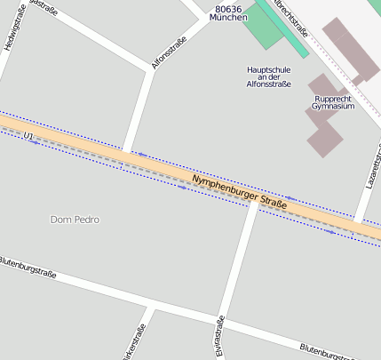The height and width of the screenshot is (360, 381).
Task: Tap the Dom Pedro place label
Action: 75,219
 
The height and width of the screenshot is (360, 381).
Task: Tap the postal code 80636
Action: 228,8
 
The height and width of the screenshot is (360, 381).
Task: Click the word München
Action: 228,18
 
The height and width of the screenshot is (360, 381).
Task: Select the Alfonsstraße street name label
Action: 168,52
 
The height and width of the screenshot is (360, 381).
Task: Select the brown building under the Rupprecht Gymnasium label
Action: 325,133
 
